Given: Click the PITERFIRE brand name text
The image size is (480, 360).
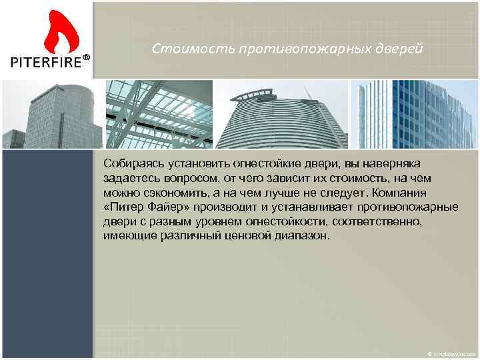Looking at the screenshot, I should pyautogui.click(x=45, y=63).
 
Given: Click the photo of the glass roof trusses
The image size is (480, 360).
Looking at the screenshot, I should pyautogui.click(x=159, y=113).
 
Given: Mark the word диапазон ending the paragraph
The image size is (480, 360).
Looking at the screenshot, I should pyautogui.click(x=303, y=237).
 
